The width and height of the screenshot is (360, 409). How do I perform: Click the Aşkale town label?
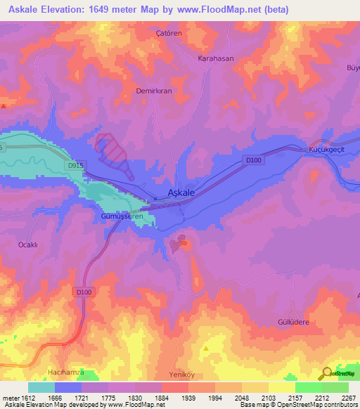181,192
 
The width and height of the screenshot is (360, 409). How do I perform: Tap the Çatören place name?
169,33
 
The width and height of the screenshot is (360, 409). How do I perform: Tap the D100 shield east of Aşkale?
254,161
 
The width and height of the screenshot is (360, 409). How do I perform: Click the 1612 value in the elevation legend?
25,398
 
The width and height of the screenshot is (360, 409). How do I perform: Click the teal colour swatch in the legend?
41,387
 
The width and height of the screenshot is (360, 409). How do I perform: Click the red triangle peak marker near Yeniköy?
206,348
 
